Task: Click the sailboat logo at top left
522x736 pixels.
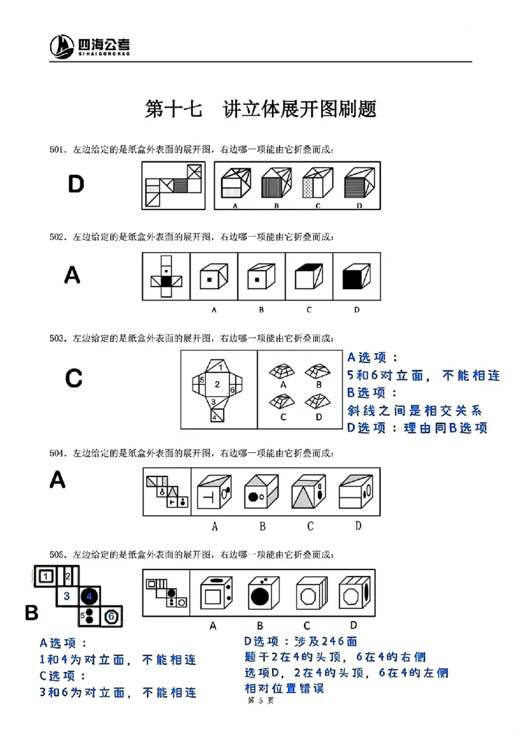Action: tap(63, 46)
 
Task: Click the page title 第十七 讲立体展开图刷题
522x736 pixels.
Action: tap(260, 109)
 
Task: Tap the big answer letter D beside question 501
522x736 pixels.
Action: tap(76, 185)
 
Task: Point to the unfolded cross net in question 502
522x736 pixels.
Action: tap(166, 277)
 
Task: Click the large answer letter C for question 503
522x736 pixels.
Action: tap(74, 378)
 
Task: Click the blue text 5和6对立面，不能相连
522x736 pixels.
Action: tap(423, 375)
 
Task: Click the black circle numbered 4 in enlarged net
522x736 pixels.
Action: tap(90, 595)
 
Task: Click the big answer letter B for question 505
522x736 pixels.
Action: tap(32, 613)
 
